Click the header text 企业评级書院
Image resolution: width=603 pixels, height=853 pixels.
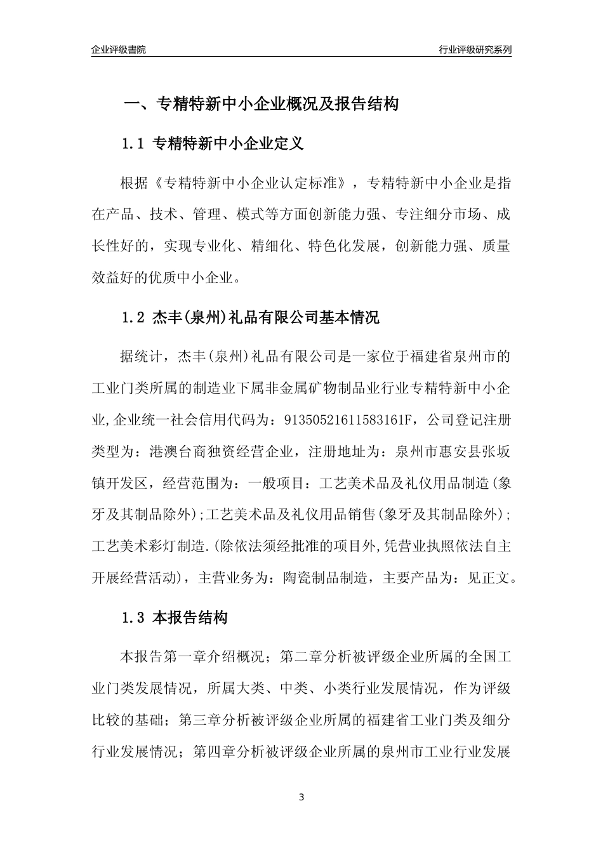click(x=119, y=50)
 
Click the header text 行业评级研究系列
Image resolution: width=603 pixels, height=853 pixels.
click(x=475, y=50)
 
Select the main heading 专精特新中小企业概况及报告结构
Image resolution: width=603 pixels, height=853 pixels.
click(x=277, y=103)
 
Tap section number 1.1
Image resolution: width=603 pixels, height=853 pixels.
click(x=133, y=144)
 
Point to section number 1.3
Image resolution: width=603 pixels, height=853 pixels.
click(x=133, y=617)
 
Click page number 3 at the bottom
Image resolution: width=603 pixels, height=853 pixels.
click(x=301, y=797)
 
